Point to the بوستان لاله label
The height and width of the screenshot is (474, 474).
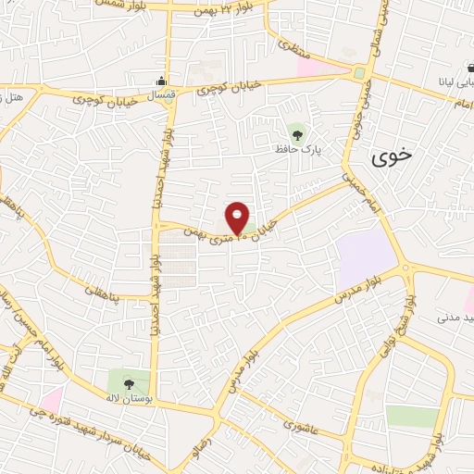coord(128,398)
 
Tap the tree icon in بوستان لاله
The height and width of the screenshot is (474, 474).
coord(128,383)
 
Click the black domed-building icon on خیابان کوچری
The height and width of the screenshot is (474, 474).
coord(163,81)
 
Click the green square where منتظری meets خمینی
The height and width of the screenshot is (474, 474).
coord(358,72)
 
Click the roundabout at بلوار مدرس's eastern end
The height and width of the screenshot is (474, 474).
coord(408,269)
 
